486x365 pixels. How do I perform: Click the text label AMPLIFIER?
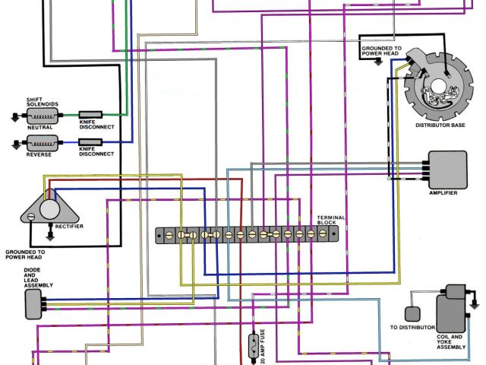[443, 193]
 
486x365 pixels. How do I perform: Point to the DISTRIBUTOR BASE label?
[440, 125]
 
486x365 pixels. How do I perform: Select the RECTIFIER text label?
[68, 226]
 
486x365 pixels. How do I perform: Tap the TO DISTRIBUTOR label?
[413, 327]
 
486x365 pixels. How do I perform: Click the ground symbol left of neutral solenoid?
[14, 116]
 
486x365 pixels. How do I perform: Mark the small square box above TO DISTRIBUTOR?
[412, 313]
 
